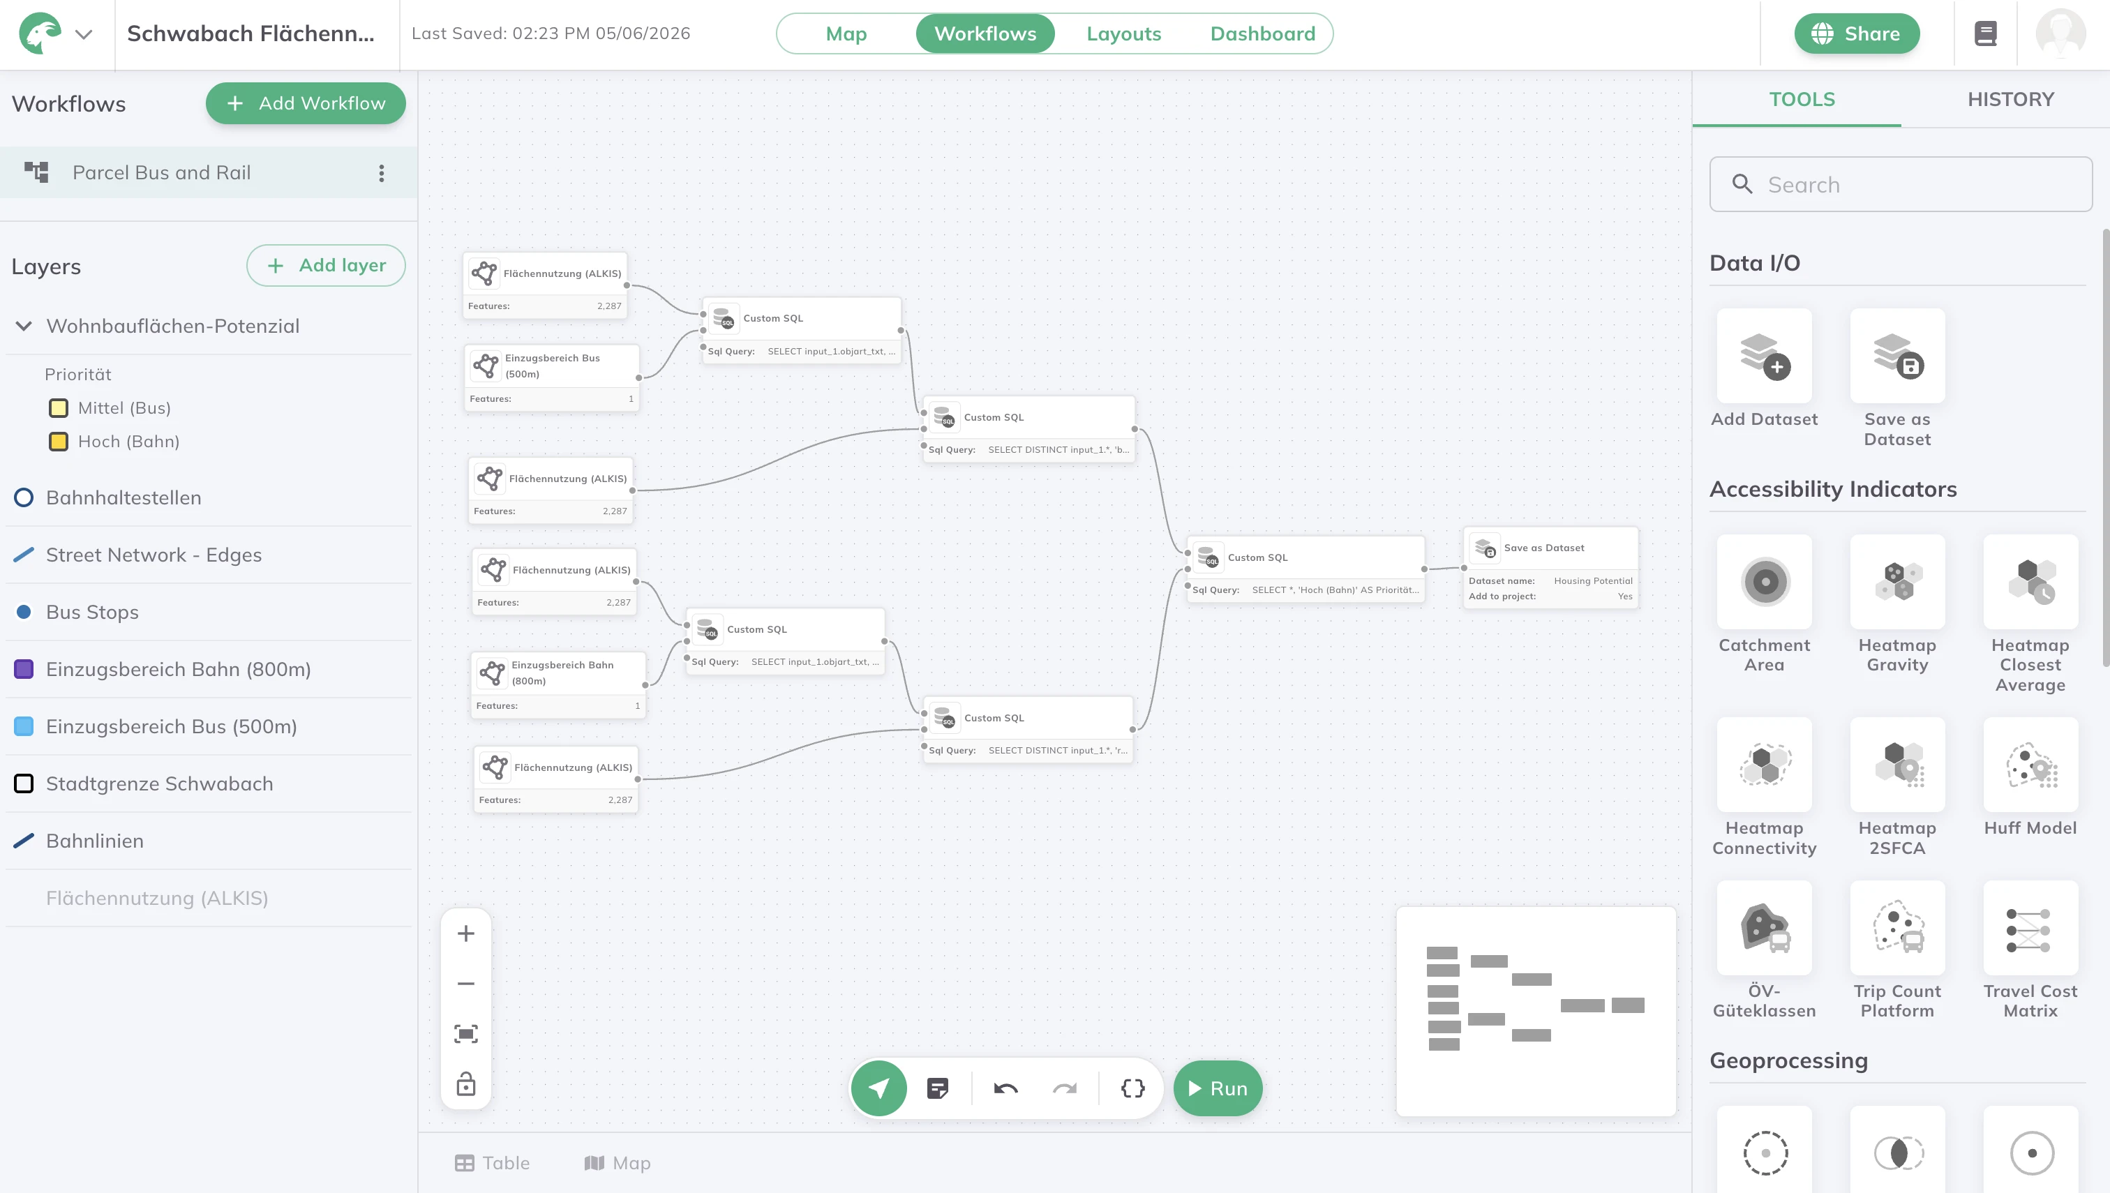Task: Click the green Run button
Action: [x=1218, y=1088]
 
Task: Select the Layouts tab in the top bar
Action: [x=1123, y=33]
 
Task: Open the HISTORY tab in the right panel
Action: [x=2011, y=99]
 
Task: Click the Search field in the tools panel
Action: [x=1901, y=184]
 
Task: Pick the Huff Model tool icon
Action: [x=2030, y=765]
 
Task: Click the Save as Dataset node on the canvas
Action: [x=1550, y=567]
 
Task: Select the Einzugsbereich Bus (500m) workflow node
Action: [x=551, y=377]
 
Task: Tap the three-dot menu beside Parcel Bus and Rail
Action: [x=381, y=173]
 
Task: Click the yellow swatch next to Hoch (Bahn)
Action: [x=58, y=442]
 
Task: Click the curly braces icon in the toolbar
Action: [x=1132, y=1088]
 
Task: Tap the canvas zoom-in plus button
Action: [x=465, y=933]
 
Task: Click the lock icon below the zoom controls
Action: [x=465, y=1084]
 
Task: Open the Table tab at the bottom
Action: [x=493, y=1163]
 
